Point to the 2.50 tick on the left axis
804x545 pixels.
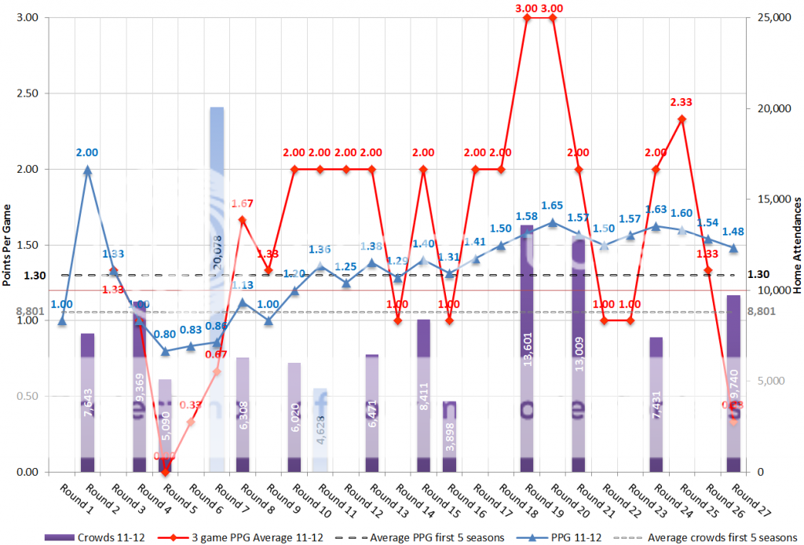click(x=30, y=93)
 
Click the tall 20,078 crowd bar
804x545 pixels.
click(x=217, y=290)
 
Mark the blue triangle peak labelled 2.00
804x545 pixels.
click(x=88, y=170)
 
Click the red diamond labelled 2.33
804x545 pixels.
click(x=682, y=119)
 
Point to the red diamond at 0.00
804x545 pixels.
click(x=165, y=471)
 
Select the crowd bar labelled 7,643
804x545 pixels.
click(x=88, y=402)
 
